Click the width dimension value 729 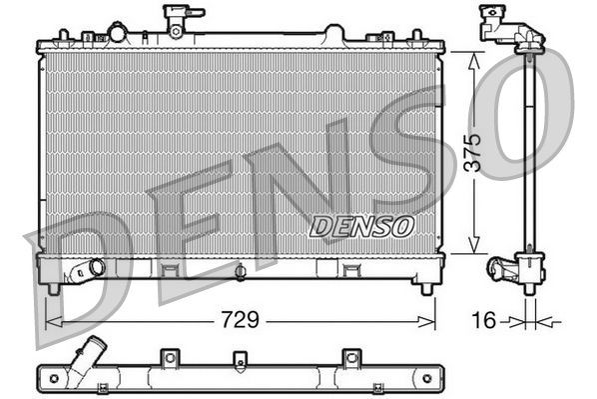(241, 320)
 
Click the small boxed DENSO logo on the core (361, 226)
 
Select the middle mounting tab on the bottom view (240, 359)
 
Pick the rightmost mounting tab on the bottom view (350, 358)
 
